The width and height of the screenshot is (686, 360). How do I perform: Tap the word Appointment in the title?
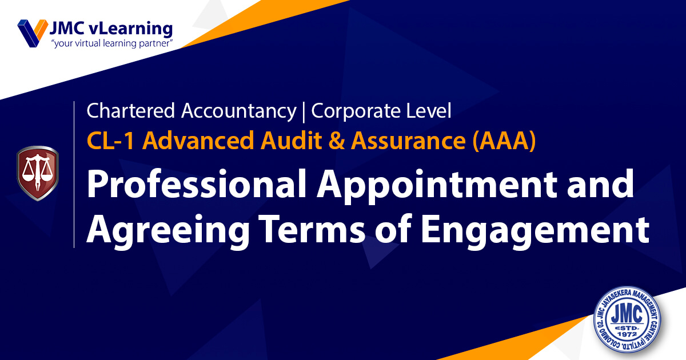437,186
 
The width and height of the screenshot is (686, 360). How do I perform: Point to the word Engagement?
535,232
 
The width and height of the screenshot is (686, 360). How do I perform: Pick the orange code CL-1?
110,141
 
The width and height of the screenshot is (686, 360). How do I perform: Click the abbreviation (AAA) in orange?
504,141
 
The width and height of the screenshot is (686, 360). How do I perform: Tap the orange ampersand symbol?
336,141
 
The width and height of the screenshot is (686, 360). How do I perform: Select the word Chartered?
130,110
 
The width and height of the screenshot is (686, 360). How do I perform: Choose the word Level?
428,110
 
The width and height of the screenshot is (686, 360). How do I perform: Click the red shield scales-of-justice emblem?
38,173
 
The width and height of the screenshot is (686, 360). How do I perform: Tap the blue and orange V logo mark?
33,33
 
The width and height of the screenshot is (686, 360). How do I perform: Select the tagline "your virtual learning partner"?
112,43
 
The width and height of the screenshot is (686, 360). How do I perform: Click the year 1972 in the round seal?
627,334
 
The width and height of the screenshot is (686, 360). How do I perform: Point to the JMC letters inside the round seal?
627,314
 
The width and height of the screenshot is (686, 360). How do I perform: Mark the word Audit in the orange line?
290,141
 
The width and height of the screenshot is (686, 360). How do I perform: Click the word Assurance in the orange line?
408,141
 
